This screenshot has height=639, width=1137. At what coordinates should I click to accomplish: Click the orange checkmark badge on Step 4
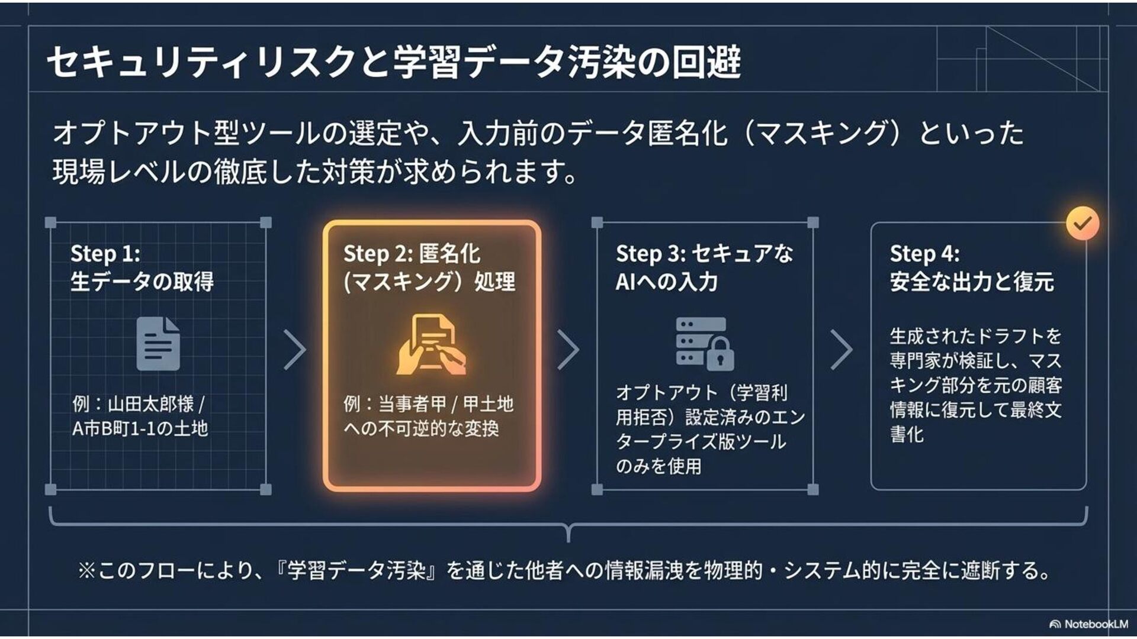pyautogui.click(x=1083, y=223)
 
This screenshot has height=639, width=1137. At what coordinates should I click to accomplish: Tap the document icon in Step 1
pyautogui.click(x=158, y=344)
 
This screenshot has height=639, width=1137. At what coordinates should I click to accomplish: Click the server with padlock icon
pyautogui.click(x=705, y=344)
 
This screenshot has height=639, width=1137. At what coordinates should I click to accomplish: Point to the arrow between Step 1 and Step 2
pyautogui.click(x=295, y=350)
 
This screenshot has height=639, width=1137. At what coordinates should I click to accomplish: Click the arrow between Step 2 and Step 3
pyautogui.click(x=568, y=350)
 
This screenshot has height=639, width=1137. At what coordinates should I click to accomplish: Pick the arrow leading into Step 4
pyautogui.click(x=841, y=350)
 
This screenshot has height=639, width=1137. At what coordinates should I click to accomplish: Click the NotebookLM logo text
pyautogui.click(x=1096, y=624)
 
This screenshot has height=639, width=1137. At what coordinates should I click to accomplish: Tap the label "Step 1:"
pyautogui.click(x=105, y=254)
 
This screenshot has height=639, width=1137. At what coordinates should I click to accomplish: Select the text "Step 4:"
pyautogui.click(x=924, y=254)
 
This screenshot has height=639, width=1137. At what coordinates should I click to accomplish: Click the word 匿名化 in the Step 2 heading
pyautogui.click(x=449, y=254)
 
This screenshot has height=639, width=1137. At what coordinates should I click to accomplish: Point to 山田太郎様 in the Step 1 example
pyautogui.click(x=151, y=404)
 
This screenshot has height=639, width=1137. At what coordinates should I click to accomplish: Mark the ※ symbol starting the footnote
pyautogui.click(x=86, y=571)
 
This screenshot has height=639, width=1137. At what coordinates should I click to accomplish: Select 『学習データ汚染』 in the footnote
pyautogui.click(x=358, y=571)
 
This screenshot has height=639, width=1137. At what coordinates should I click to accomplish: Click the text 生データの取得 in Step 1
pyautogui.click(x=142, y=282)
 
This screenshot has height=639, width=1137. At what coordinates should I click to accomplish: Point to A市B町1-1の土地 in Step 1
pyautogui.click(x=140, y=428)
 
